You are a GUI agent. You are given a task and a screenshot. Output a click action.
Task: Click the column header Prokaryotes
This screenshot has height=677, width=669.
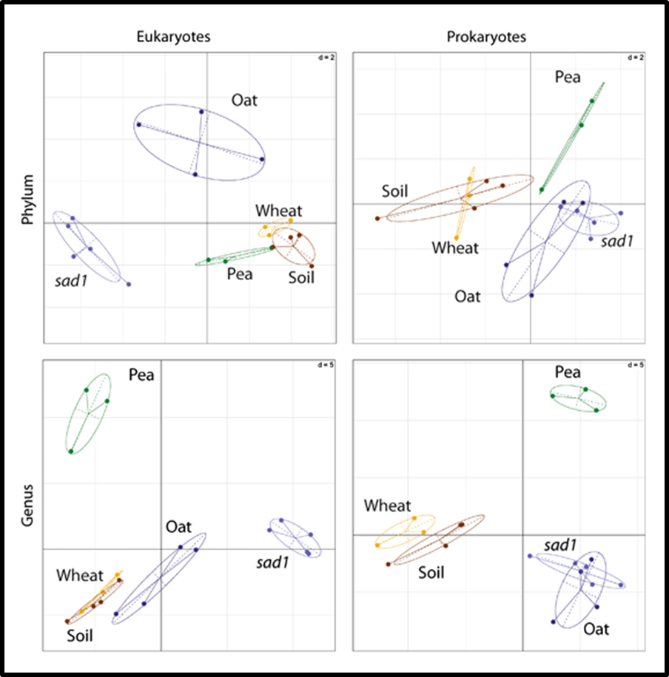pos(485,38)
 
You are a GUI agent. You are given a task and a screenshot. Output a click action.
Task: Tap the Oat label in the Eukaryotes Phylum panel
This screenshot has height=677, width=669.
pos(244,100)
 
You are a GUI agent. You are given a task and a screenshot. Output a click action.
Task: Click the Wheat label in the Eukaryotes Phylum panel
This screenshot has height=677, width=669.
pos(279,211)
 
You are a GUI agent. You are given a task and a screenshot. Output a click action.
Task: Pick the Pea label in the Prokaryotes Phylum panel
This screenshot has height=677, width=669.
pos(568,77)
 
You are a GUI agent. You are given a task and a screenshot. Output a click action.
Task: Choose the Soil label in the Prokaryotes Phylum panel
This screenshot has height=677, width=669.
pos(395,191)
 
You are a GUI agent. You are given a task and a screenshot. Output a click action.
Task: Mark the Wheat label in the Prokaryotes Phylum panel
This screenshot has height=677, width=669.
pos(456,248)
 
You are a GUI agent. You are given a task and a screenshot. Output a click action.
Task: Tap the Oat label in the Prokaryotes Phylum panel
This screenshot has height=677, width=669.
pos(467,297)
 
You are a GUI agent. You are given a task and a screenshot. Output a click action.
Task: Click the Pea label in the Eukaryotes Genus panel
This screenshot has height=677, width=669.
pos(141,375)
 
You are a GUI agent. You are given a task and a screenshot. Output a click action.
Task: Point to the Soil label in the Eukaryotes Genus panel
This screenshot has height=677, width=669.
pos(80,635)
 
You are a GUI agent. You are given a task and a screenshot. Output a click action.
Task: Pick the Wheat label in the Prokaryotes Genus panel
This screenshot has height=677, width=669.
pos(387,506)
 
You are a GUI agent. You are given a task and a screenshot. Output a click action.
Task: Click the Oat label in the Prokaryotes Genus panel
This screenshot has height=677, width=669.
pos(596,629)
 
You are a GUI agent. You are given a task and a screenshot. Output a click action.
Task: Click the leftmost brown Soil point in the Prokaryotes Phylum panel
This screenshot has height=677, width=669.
pos(377,218)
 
